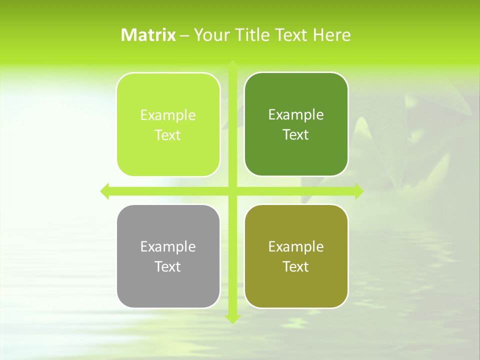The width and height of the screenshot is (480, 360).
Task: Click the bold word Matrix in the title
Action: click(x=148, y=35)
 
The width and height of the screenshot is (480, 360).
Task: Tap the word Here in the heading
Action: click(x=331, y=35)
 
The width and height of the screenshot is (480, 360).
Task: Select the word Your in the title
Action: click(x=209, y=35)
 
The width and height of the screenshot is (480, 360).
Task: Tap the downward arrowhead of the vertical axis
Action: click(x=232, y=318)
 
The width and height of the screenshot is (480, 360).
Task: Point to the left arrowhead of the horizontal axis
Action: click(x=104, y=191)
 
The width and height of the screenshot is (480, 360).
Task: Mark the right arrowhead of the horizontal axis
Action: click(x=359, y=191)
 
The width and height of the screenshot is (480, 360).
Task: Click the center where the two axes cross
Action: click(x=232, y=191)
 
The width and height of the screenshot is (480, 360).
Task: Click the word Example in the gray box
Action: click(x=168, y=246)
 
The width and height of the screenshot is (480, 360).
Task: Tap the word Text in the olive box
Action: click(x=296, y=266)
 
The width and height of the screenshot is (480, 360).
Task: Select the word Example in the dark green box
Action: click(x=296, y=114)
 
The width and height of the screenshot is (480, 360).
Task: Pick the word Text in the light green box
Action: click(x=168, y=135)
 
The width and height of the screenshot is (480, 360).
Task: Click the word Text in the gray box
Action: click(x=168, y=266)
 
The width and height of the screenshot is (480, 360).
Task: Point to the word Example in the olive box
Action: click(x=296, y=246)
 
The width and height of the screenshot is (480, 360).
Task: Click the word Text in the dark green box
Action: click(x=296, y=134)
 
